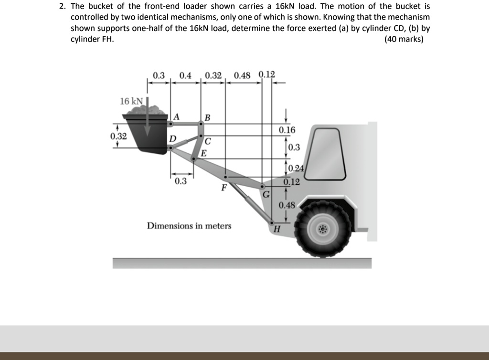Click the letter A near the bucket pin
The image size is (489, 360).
coord(177,116)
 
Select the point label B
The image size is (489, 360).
coord(207,118)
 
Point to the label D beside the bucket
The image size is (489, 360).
coord(172,138)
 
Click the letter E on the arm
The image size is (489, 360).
coord(203,153)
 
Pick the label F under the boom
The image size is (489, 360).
coord(223,188)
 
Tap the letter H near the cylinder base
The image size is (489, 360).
coord(276,229)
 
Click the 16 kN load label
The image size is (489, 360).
coord(131,101)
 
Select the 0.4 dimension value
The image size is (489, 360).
coord(185,75)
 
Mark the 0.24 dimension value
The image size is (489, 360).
coord(296,168)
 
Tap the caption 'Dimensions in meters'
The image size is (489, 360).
coord(189,225)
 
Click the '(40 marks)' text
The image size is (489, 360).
coord(404,39)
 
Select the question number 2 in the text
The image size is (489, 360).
coord(62,7)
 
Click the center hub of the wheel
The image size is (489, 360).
coord(323,230)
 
